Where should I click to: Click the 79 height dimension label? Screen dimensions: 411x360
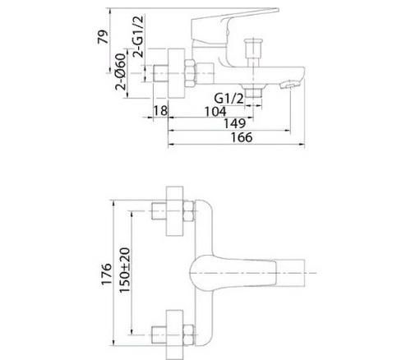[104, 37]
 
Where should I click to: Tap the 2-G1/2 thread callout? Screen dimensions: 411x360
[137, 36]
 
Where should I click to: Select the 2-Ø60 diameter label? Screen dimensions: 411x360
[121, 72]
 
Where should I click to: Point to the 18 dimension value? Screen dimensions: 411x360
[160, 111]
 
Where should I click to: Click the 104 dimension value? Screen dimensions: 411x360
[215, 112]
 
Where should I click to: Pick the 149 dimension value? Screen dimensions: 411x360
[235, 123]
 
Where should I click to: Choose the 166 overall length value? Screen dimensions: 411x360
[242, 137]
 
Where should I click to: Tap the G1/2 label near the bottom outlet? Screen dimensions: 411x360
[229, 99]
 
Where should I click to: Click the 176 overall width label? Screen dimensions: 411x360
[107, 275]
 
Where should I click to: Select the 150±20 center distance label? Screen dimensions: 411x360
[125, 270]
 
